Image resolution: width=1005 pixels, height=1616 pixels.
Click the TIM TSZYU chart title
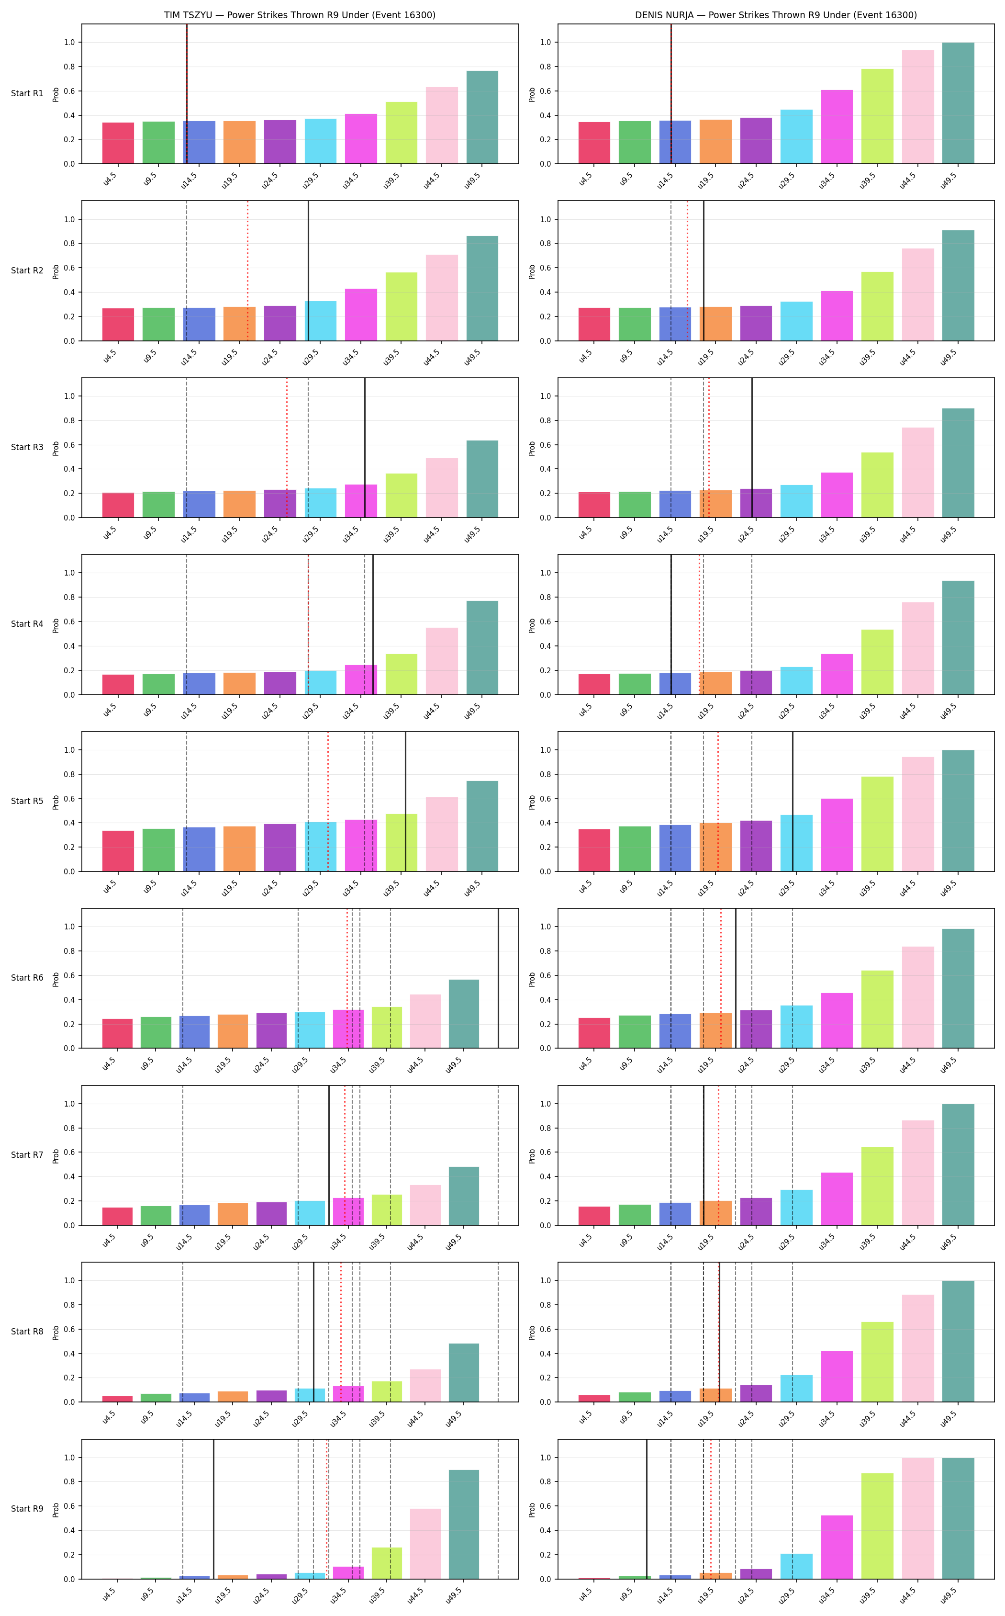coord(300,15)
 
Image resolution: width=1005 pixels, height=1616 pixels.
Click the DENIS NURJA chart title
coord(776,15)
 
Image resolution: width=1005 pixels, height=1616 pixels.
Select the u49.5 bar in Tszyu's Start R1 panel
coord(482,117)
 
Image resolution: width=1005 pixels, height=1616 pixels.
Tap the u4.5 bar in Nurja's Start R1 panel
coord(594,143)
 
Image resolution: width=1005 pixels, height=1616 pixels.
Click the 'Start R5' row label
coord(27,801)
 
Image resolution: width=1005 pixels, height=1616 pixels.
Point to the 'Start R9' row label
coord(27,1508)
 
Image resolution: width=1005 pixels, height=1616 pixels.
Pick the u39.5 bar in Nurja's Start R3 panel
coord(877,485)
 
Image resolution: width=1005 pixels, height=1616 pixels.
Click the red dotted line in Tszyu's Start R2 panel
coord(248,271)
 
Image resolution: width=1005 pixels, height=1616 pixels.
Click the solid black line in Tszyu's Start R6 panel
coord(499,978)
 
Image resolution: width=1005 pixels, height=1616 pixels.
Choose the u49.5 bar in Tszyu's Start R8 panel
coord(464,1373)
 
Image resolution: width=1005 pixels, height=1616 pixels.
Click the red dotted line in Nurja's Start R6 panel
coord(721,978)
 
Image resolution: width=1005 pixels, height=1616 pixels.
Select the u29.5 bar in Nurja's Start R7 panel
coord(796,1207)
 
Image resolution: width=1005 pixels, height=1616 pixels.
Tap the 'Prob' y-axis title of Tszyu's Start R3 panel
coord(56,448)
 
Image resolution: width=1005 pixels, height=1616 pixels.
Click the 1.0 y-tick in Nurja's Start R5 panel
coord(546,750)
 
